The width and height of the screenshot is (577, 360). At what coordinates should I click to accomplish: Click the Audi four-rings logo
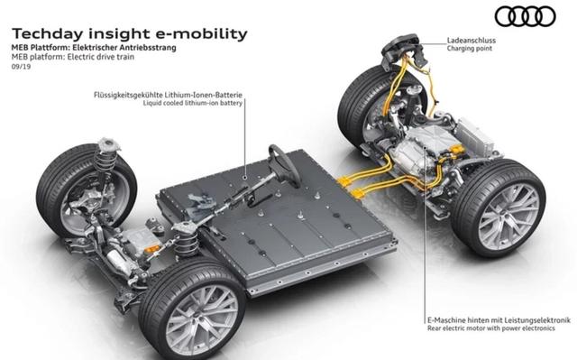pyautogui.click(x=525, y=16)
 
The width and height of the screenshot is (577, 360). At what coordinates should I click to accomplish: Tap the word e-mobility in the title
pyautogui.click(x=202, y=34)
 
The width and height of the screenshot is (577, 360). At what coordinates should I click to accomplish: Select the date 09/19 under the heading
pyautogui.click(x=21, y=67)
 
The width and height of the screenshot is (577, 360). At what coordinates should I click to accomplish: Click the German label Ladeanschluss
pyautogui.click(x=472, y=41)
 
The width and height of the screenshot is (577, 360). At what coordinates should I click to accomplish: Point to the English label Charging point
pyautogui.click(x=469, y=49)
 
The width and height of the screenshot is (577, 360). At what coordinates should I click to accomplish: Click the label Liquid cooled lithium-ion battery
pyautogui.click(x=193, y=104)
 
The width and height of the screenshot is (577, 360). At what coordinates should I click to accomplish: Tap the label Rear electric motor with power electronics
pyautogui.click(x=491, y=328)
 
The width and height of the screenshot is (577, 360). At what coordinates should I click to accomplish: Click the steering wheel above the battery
pyautogui.click(x=284, y=166)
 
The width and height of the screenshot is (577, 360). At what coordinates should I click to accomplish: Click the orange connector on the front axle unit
pyautogui.click(x=151, y=249)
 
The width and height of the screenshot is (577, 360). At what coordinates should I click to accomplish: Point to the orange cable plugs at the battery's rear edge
pyautogui.click(x=350, y=187)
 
